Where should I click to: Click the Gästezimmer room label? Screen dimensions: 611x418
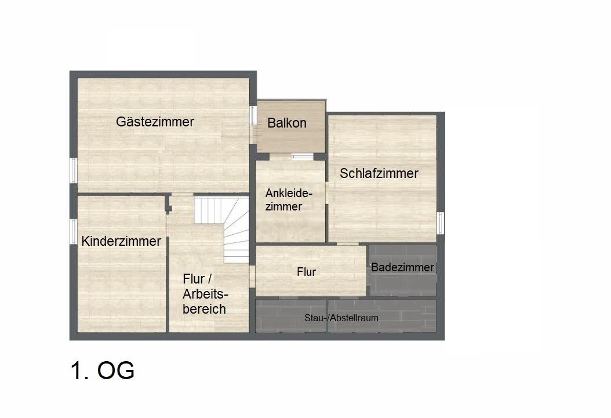click(x=155, y=122)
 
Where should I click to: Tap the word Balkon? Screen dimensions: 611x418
click(x=287, y=123)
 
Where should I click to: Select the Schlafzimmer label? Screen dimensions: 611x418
click(x=379, y=173)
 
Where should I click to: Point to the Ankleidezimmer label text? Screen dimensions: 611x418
click(x=289, y=200)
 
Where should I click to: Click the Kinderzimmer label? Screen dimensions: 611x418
click(x=121, y=241)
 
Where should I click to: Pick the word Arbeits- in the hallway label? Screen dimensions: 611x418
click(x=205, y=294)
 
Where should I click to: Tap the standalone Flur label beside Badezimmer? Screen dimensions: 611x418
click(x=306, y=272)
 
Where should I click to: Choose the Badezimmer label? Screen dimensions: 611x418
click(x=402, y=267)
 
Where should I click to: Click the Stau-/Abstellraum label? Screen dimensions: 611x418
click(x=341, y=318)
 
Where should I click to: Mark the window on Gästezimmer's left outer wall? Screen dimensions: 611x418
click(x=73, y=170)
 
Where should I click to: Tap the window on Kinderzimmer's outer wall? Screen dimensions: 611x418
click(x=73, y=231)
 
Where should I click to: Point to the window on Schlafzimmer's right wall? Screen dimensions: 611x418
click(x=441, y=223)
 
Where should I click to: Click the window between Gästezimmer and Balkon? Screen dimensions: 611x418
click(x=253, y=115)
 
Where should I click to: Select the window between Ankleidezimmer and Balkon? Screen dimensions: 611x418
click(x=303, y=157)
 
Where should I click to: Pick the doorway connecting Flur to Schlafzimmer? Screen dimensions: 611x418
click(x=348, y=244)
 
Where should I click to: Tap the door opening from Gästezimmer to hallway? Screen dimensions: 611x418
click(x=183, y=194)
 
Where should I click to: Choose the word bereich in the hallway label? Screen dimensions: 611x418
click(x=204, y=309)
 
